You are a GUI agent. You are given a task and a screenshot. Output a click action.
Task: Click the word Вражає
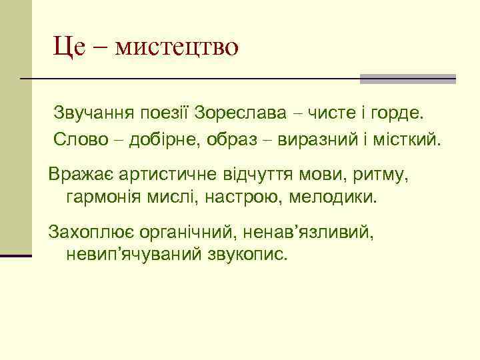pyautogui.click(x=79, y=175)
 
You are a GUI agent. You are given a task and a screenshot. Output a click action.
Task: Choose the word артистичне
pyautogui.click(x=169, y=175)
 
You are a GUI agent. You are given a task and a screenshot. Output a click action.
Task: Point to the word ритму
pyautogui.click(x=379, y=175)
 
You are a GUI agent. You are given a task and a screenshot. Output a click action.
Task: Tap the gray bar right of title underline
pyautogui.click(x=408, y=79)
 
